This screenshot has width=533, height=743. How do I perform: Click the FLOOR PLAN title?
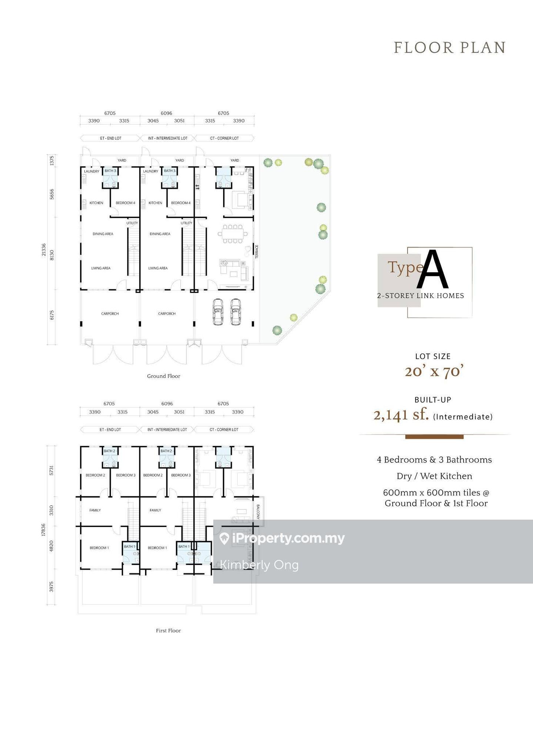(449, 48)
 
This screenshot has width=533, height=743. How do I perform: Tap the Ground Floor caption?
(164, 376)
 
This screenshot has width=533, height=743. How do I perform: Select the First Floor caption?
(168, 631)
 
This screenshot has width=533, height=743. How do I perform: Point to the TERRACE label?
(257, 251)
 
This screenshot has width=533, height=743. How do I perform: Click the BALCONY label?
(258, 512)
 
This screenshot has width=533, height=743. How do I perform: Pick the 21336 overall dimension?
(44, 250)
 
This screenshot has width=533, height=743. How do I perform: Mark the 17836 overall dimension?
(44, 530)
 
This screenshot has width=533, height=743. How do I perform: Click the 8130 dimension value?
(52, 255)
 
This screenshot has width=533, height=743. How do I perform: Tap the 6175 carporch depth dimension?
(52, 315)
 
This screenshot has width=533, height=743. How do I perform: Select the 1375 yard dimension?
(52, 161)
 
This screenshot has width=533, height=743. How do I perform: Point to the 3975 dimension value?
(51, 587)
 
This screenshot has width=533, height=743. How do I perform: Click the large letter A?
(432, 270)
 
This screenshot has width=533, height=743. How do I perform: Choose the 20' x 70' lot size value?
(434, 371)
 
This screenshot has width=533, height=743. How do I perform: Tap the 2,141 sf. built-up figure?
(401, 415)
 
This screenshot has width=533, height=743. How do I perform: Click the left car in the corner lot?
(218, 312)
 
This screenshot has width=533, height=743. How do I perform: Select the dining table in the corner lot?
(233, 234)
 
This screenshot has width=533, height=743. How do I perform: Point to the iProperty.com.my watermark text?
(288, 538)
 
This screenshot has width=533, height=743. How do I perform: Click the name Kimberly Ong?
(259, 565)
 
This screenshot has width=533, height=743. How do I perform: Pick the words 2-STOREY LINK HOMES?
(420, 295)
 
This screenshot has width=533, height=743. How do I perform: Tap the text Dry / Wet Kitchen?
(435, 476)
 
